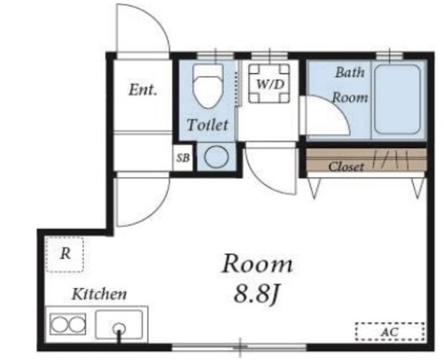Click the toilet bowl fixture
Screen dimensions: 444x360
coord(208,86)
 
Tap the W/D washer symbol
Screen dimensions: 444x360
coord(269,83)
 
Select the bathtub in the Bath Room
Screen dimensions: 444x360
coord(397,100)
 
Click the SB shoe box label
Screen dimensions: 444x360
coord(182,157)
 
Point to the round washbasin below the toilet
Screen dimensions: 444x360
coord(216,157)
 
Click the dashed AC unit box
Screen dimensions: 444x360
coord(390,332)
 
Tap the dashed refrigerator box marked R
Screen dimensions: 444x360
coord(65,255)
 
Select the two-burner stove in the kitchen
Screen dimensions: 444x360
coord(68,324)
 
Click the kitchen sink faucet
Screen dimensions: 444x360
coord(119,332)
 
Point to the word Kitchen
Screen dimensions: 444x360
coord(99,294)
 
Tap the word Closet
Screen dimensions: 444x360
coord(346,166)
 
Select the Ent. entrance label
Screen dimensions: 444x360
coord(143,90)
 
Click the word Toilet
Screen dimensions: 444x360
coord(207,125)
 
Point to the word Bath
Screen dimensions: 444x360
coord(350,72)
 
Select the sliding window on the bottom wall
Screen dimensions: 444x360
coord(239,347)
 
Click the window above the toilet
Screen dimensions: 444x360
coord(216,55)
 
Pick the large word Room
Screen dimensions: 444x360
coord(257,264)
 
